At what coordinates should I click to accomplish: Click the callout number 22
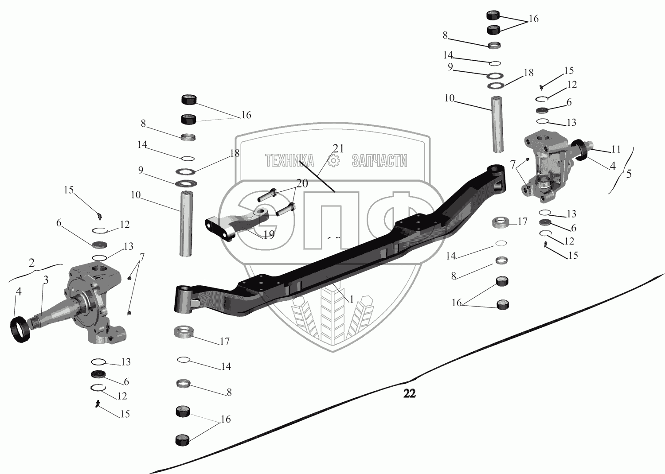[409, 393]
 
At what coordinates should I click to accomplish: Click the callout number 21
[338, 148]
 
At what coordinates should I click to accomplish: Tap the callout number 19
[269, 235]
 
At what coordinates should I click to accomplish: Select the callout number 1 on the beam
[352, 299]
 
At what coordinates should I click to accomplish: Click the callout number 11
[616, 149]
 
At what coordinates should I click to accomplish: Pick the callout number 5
[629, 174]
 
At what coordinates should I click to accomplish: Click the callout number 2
[31, 262]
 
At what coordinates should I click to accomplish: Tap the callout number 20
[302, 183]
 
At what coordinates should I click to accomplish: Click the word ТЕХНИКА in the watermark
[290, 161]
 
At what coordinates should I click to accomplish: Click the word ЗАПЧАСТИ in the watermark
[379, 161]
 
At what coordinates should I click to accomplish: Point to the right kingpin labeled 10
[497, 125]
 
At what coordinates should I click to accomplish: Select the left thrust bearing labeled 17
[184, 331]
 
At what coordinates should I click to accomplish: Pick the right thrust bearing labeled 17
[501, 222]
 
